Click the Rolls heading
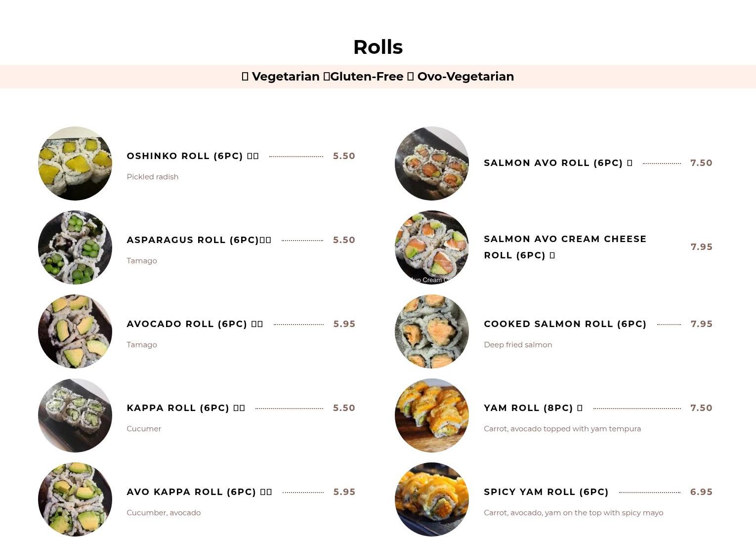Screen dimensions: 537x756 [x=378, y=47]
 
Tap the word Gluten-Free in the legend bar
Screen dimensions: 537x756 [x=366, y=77]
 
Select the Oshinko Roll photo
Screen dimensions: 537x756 [x=75, y=164]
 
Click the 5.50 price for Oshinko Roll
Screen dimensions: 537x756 [x=344, y=156]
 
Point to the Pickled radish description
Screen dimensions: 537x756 [x=152, y=177]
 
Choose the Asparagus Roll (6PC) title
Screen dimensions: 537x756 [x=193, y=240]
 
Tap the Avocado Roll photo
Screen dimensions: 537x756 [x=75, y=331]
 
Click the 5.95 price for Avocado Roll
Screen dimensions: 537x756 [x=344, y=324]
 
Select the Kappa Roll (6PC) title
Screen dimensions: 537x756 [x=178, y=408]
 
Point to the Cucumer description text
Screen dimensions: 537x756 [x=144, y=429]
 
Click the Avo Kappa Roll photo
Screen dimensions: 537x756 [x=75, y=499]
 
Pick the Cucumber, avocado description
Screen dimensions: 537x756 [x=164, y=513]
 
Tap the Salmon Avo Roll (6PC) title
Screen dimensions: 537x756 [x=553, y=163]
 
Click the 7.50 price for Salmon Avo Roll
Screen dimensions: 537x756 [x=701, y=163]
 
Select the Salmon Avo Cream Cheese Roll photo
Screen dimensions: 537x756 [x=432, y=248]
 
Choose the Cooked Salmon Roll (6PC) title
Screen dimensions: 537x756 [x=565, y=324]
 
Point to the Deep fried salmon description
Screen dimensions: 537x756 [x=518, y=345]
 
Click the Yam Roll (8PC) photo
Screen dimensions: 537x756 [x=432, y=415]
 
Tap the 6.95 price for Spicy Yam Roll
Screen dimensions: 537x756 [x=701, y=492]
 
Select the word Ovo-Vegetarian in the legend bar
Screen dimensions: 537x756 [x=465, y=77]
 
